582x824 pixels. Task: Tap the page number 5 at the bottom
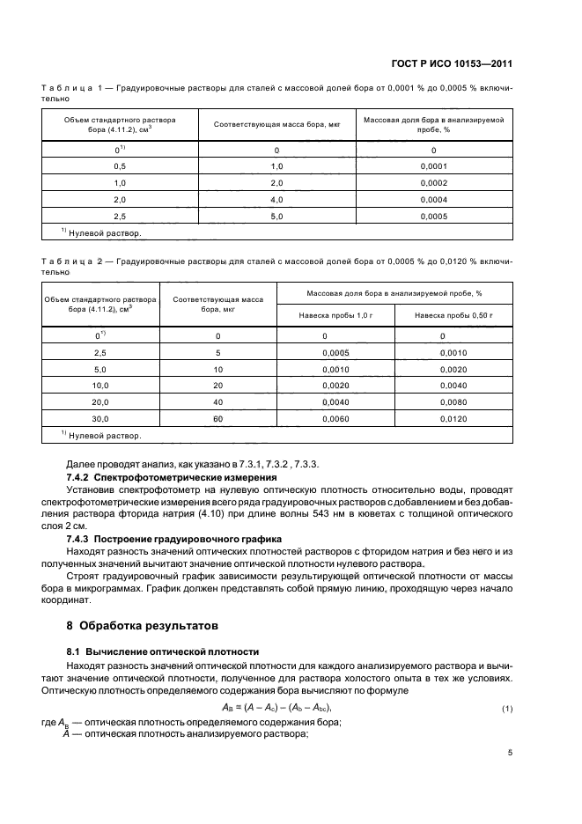point(510,753)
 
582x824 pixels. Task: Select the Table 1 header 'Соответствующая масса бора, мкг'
point(276,124)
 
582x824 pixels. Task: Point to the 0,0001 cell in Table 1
point(434,166)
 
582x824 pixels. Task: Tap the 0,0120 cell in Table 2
point(453,420)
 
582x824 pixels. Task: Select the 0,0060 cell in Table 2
point(335,420)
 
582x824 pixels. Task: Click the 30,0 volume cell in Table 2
point(99,420)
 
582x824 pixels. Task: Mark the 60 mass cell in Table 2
point(217,420)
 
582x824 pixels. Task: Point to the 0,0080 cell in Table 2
point(453,403)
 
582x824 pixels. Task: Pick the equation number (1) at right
point(507,709)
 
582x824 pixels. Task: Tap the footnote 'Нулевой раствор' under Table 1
point(104,233)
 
